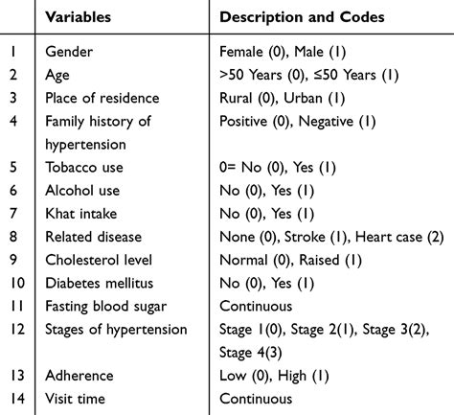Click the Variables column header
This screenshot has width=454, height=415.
pyautogui.click(x=79, y=16)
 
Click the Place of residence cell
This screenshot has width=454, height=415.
pyautogui.click(x=102, y=99)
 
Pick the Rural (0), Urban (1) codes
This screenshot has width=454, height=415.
pyautogui.click(x=279, y=99)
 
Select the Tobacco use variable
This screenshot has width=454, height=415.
pyautogui.click(x=86, y=167)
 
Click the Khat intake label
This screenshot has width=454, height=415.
pyautogui.click(x=83, y=213)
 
